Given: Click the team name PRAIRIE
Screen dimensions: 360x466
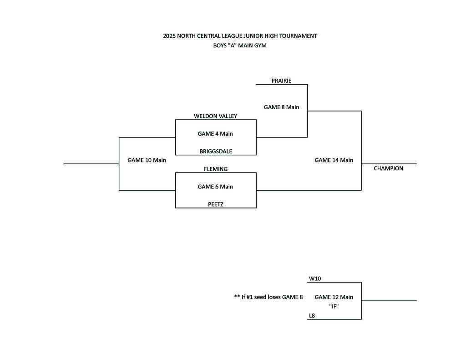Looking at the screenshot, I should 281,81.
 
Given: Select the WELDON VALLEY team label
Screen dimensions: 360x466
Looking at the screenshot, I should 215,116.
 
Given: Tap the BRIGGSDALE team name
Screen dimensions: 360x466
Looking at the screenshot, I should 216,152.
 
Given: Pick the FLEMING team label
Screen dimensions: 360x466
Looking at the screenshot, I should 216,169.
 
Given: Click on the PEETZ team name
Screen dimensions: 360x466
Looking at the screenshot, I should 216,205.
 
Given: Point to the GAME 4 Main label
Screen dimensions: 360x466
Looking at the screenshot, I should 215,134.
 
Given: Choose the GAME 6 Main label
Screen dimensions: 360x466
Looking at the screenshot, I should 215,187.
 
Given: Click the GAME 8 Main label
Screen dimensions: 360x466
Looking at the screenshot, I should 281,107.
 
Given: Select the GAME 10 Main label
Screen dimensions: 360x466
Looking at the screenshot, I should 147,160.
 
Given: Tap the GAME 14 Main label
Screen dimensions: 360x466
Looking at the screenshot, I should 334,160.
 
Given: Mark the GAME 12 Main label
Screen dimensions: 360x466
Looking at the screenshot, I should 334,297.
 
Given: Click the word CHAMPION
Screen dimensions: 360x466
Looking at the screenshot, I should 388,168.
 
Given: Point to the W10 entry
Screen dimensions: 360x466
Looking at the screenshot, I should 315,279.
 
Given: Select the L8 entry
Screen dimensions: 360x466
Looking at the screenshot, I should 312,315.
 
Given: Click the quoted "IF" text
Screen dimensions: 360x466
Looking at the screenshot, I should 334,306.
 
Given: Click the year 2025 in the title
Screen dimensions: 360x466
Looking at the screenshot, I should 169,36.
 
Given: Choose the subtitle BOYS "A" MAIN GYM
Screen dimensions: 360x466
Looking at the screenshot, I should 240,46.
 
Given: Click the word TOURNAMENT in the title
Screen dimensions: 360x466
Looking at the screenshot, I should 298,36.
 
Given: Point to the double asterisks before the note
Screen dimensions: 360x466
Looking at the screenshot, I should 237,297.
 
